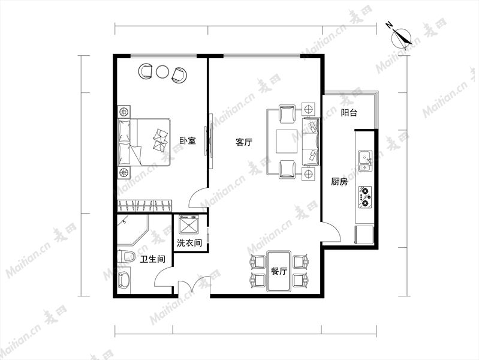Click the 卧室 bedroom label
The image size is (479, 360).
(x=187, y=140)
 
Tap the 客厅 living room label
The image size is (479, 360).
(x=244, y=142)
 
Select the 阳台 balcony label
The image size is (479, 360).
(x=349, y=113)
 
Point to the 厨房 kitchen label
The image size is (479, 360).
(x=339, y=182)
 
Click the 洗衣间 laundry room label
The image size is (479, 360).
(x=189, y=243)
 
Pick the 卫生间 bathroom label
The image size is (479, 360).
(x=152, y=259)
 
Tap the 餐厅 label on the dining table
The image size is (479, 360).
(x=279, y=271)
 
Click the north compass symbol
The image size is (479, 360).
(x=400, y=37)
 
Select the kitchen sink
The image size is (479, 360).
(x=365, y=161)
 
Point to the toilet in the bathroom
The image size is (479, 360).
(x=126, y=256)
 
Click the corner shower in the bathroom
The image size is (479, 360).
(x=132, y=230)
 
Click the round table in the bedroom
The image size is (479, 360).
(x=162, y=71)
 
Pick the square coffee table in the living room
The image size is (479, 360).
(x=287, y=142)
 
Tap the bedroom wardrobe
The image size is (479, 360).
(x=144, y=205)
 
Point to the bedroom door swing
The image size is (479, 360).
(x=198, y=199)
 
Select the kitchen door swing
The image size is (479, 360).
(x=332, y=232)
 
